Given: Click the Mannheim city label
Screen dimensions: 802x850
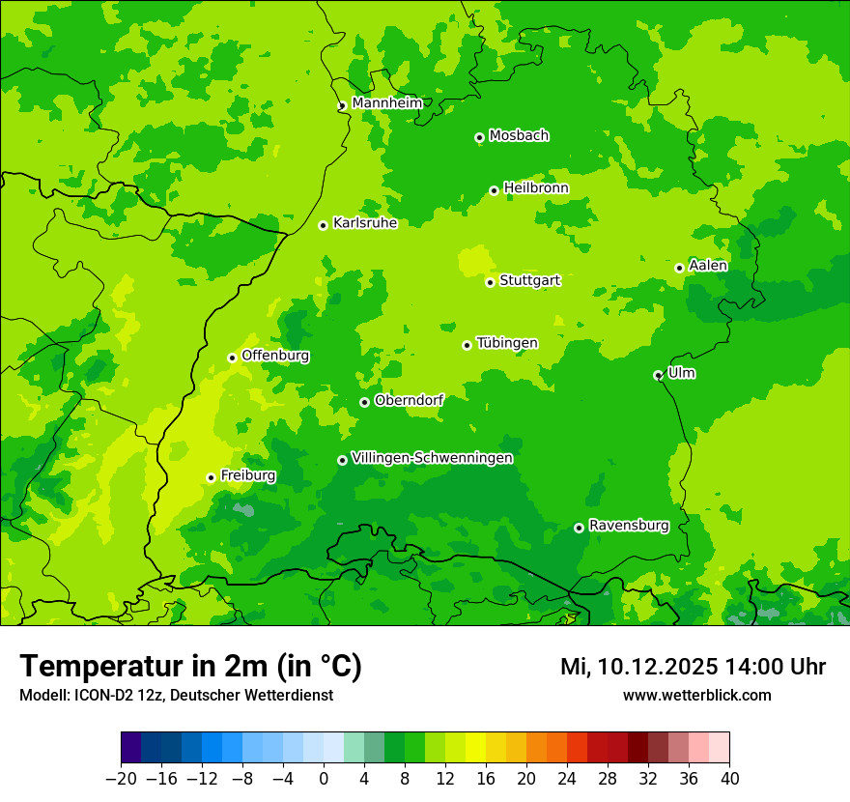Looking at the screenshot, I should (386, 102).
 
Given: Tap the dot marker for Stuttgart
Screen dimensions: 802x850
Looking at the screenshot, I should (491, 282).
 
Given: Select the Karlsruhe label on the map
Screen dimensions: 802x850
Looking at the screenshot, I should (364, 223).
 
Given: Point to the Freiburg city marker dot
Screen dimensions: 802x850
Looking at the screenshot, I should (211, 477).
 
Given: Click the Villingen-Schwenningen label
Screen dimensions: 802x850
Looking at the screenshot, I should (432, 458).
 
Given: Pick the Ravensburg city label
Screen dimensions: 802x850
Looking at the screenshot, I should (628, 526).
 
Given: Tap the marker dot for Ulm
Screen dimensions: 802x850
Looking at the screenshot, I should (658, 375).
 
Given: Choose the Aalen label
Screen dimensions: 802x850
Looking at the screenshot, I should (708, 266).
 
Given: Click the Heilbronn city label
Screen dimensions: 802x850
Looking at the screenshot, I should (536, 188).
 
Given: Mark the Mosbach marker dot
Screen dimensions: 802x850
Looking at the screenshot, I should (479, 137).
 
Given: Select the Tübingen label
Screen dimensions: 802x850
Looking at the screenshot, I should (507, 343).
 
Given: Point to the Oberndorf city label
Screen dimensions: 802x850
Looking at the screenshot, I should (409, 400).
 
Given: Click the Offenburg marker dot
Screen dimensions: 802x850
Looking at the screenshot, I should (232, 358).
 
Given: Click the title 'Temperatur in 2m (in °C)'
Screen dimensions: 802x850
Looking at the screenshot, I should (190, 666).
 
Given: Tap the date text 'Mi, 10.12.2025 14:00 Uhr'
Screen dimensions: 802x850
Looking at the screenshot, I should (693, 667).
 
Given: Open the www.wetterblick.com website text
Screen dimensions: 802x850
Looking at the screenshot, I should (696, 695).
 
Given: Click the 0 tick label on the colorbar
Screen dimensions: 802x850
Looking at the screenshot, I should (324, 779).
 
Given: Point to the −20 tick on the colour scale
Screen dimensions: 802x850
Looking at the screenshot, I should (121, 779).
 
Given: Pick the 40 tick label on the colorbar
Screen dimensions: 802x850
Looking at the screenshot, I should (729, 779).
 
